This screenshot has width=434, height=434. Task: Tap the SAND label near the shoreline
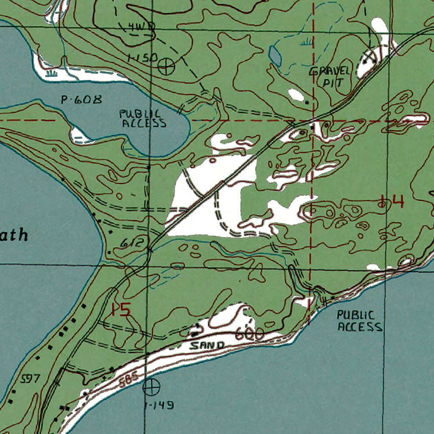point(207,345)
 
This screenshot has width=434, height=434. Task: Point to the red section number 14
point(392,201)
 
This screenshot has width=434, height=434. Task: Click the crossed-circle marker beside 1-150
point(166,66)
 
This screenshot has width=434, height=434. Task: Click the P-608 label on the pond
point(82,100)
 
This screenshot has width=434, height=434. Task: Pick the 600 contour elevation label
point(250,335)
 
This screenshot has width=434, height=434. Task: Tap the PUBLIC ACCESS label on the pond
point(143,119)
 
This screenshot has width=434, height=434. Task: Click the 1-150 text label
point(142,58)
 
